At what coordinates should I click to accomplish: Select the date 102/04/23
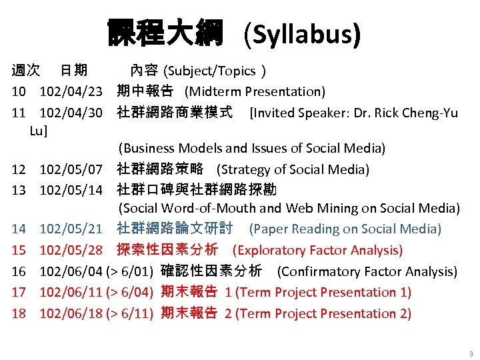[71, 91]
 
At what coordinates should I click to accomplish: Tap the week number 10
[19, 91]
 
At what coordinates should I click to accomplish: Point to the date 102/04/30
[71, 113]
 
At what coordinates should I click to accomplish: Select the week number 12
[19, 170]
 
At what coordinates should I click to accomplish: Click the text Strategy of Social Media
[293, 170]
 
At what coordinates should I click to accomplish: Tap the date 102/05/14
[71, 190]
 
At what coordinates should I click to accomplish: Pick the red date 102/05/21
[71, 229]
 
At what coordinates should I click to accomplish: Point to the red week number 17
[19, 293]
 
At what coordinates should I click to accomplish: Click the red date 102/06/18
[71, 313]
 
